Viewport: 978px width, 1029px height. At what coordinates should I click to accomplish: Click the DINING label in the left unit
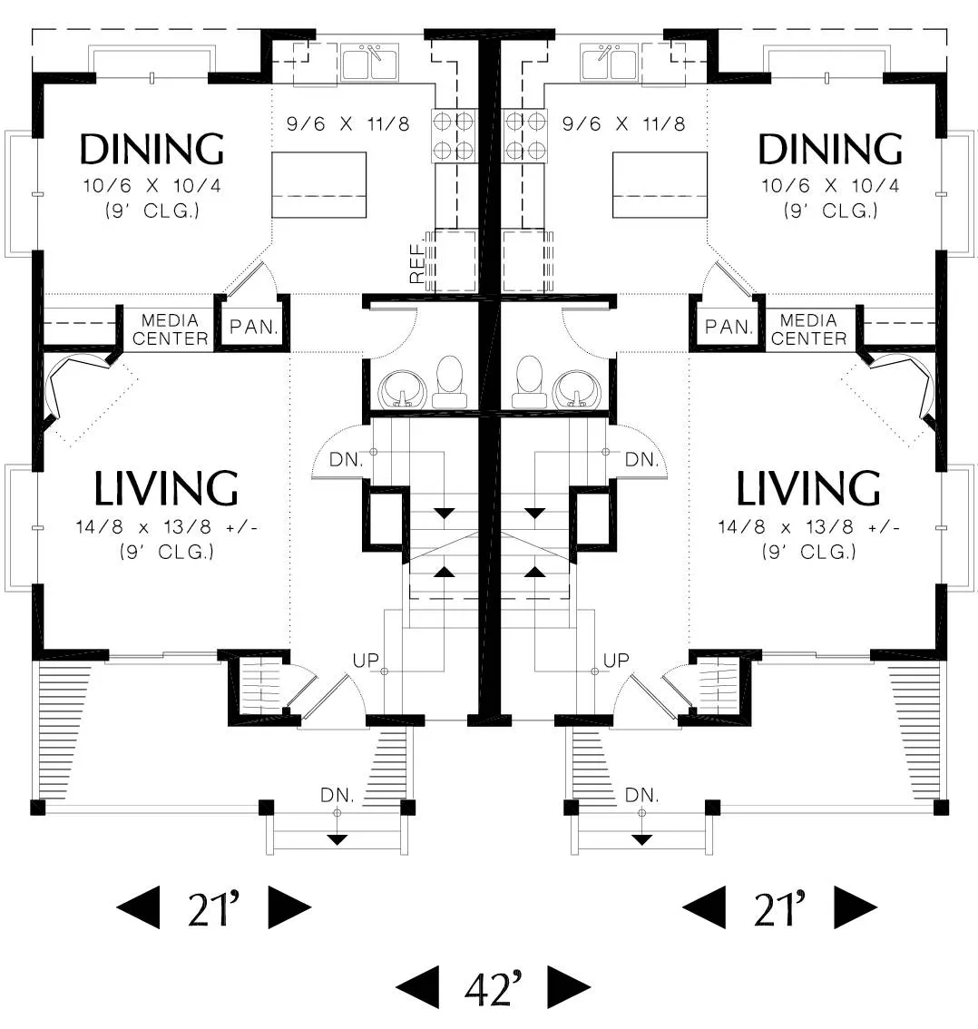pyautogui.click(x=152, y=149)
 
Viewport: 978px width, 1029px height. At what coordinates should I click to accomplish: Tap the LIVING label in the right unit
pyautogui.click(x=808, y=488)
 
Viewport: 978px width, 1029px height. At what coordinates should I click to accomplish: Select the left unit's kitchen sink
pyautogui.click(x=369, y=63)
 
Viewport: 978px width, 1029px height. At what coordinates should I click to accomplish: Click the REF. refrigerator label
pyautogui.click(x=417, y=264)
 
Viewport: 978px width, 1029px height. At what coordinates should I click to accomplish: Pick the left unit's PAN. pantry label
pyautogui.click(x=253, y=327)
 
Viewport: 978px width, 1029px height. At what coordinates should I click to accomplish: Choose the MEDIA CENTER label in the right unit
pyautogui.click(x=808, y=329)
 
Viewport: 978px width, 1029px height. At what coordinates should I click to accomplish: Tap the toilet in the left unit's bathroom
pyautogui.click(x=449, y=383)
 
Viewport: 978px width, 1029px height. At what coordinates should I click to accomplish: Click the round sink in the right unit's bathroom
pyautogui.click(x=574, y=390)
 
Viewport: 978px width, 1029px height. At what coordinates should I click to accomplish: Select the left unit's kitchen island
pyautogui.click(x=318, y=185)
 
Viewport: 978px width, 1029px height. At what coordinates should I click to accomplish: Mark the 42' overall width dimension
pyautogui.click(x=494, y=987)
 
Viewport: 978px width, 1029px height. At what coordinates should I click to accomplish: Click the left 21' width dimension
pyautogui.click(x=214, y=907)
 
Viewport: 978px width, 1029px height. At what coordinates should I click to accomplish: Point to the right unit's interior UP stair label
pyautogui.click(x=616, y=661)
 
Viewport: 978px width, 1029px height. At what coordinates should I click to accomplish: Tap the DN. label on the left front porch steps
pyautogui.click(x=337, y=796)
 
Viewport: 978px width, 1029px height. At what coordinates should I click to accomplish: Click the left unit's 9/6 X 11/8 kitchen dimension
pyautogui.click(x=347, y=123)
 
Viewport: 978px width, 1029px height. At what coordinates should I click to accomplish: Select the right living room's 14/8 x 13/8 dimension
pyautogui.click(x=808, y=527)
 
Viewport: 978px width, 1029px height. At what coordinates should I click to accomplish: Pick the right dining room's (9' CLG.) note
pyautogui.click(x=830, y=211)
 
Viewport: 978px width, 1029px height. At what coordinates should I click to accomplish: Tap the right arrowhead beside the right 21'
pyautogui.click(x=856, y=907)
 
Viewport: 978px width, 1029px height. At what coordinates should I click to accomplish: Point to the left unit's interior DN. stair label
pyautogui.click(x=346, y=459)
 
